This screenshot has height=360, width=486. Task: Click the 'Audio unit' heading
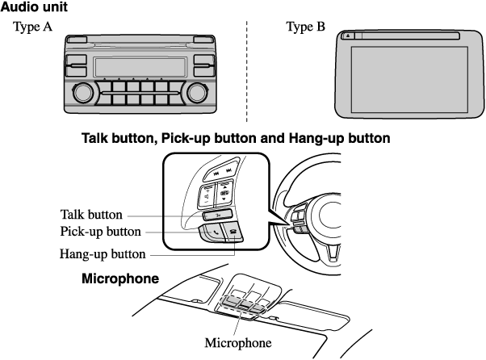pyautogui.click(x=34, y=6)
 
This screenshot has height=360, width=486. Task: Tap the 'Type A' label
pyautogui.click(x=32, y=27)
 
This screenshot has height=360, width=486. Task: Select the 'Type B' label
pyautogui.click(x=306, y=27)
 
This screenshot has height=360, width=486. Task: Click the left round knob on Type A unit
pyautogui.click(x=83, y=93)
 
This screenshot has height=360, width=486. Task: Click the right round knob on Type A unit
pyautogui.click(x=197, y=93)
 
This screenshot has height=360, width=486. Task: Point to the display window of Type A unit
pyautogui.click(x=140, y=67)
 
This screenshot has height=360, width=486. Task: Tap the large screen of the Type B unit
pyautogui.click(x=409, y=80)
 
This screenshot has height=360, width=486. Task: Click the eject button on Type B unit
pyautogui.click(x=348, y=36)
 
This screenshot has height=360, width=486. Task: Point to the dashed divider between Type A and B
pyautogui.click(x=247, y=72)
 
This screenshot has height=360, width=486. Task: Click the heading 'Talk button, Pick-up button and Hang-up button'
pyautogui.click(x=236, y=138)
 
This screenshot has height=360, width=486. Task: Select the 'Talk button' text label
pyautogui.click(x=91, y=215)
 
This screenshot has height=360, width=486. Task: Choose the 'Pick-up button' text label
pyautogui.click(x=100, y=232)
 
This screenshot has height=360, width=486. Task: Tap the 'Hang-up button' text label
pyautogui.click(x=103, y=254)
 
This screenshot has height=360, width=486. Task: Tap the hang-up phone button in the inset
pyautogui.click(x=234, y=233)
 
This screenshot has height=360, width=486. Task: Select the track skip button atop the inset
pyautogui.click(x=222, y=170)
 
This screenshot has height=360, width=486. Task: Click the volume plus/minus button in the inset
pyautogui.click(x=206, y=196)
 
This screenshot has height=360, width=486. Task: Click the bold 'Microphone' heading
pyautogui.click(x=120, y=278)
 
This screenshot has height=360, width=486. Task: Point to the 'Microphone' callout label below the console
pyautogui.click(x=238, y=343)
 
